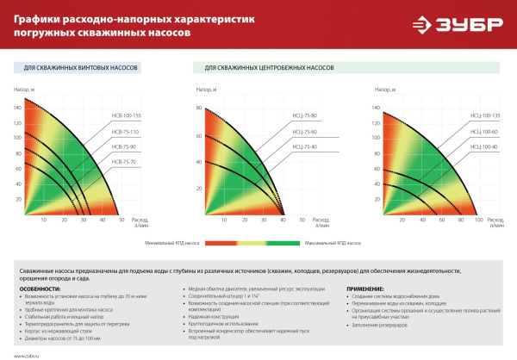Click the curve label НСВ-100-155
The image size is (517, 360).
click(126, 115)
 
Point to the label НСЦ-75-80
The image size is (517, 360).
click(304, 115)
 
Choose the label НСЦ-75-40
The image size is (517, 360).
click(304, 146)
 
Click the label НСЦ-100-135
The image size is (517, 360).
click(485, 115)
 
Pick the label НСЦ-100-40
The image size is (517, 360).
click(485, 146)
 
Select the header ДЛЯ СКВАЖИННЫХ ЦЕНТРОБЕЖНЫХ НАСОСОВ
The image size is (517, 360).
click(268, 67)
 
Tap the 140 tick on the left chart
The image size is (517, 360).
click(17, 108)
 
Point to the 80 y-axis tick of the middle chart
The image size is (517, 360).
click(197, 108)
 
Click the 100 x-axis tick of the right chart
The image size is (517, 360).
click(479, 221)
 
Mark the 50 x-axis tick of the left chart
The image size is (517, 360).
click(121, 221)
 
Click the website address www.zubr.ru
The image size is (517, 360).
click(26, 354)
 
